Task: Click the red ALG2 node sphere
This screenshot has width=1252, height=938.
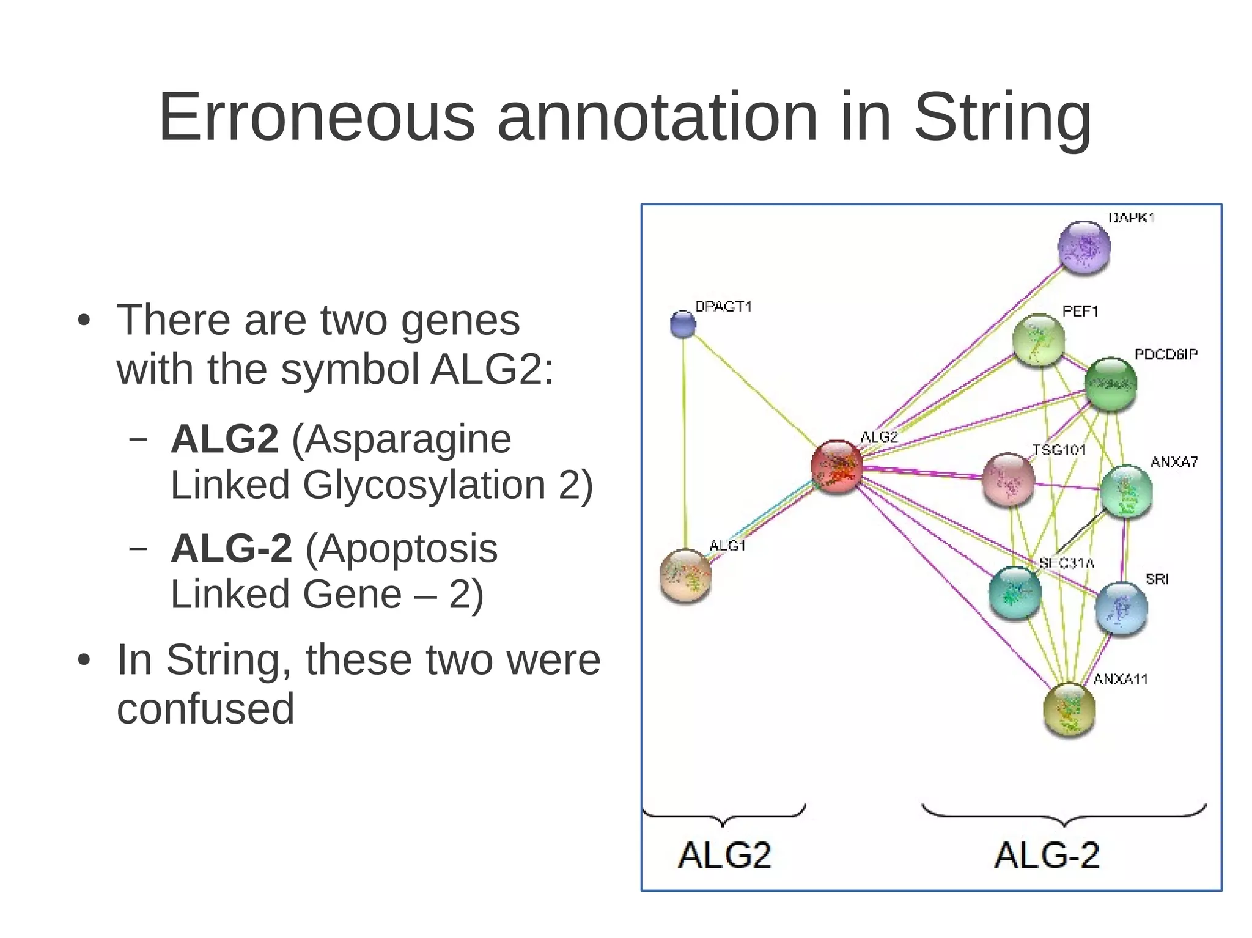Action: coord(836,466)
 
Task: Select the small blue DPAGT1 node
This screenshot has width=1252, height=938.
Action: coord(683,324)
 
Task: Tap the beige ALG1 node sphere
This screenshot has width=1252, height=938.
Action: coord(686,575)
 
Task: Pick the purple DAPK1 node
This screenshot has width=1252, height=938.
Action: coord(1084,247)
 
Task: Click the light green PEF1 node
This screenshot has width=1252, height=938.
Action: coord(1039,340)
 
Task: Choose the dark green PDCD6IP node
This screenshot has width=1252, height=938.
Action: coord(1111,384)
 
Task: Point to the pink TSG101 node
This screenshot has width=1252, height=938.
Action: coord(1008,479)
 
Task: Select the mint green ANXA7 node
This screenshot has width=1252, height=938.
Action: coord(1126,491)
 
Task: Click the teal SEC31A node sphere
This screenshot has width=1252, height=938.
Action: coord(1015,593)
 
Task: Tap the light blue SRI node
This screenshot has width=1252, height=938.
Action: coord(1121,609)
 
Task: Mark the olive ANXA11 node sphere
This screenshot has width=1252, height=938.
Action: coord(1069,709)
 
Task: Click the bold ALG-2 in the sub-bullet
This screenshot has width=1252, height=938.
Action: coord(231,548)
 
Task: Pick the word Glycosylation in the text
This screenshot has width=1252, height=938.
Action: coord(424,485)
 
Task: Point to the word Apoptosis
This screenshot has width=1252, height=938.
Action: coord(401,548)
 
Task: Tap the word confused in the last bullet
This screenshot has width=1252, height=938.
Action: coord(205,708)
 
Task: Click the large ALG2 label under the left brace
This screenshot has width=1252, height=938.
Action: coord(724,855)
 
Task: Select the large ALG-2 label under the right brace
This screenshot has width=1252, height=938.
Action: coord(1047,855)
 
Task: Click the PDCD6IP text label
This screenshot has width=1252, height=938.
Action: coord(1165,354)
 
